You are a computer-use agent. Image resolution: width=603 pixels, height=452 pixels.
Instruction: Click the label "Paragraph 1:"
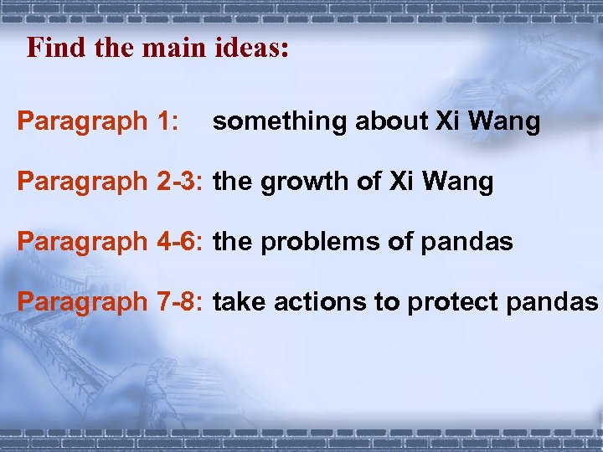pos(98,122)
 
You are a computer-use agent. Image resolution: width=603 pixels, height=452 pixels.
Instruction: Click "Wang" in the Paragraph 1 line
pos(506,122)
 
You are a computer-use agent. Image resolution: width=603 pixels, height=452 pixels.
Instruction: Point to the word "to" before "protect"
pos(387,302)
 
